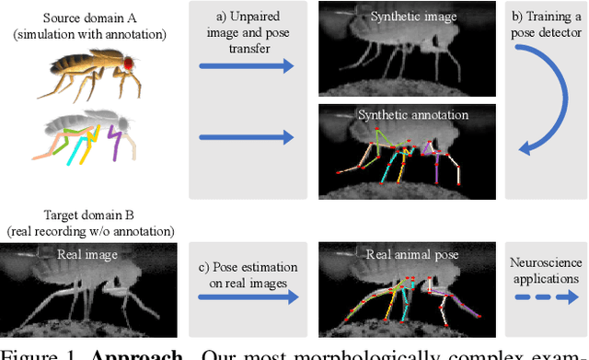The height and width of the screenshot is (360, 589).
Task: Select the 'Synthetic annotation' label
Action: coord(412,116)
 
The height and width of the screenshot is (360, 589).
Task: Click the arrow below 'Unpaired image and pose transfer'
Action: coord(248,66)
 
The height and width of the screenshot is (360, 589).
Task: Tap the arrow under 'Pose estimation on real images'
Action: coord(248,297)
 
